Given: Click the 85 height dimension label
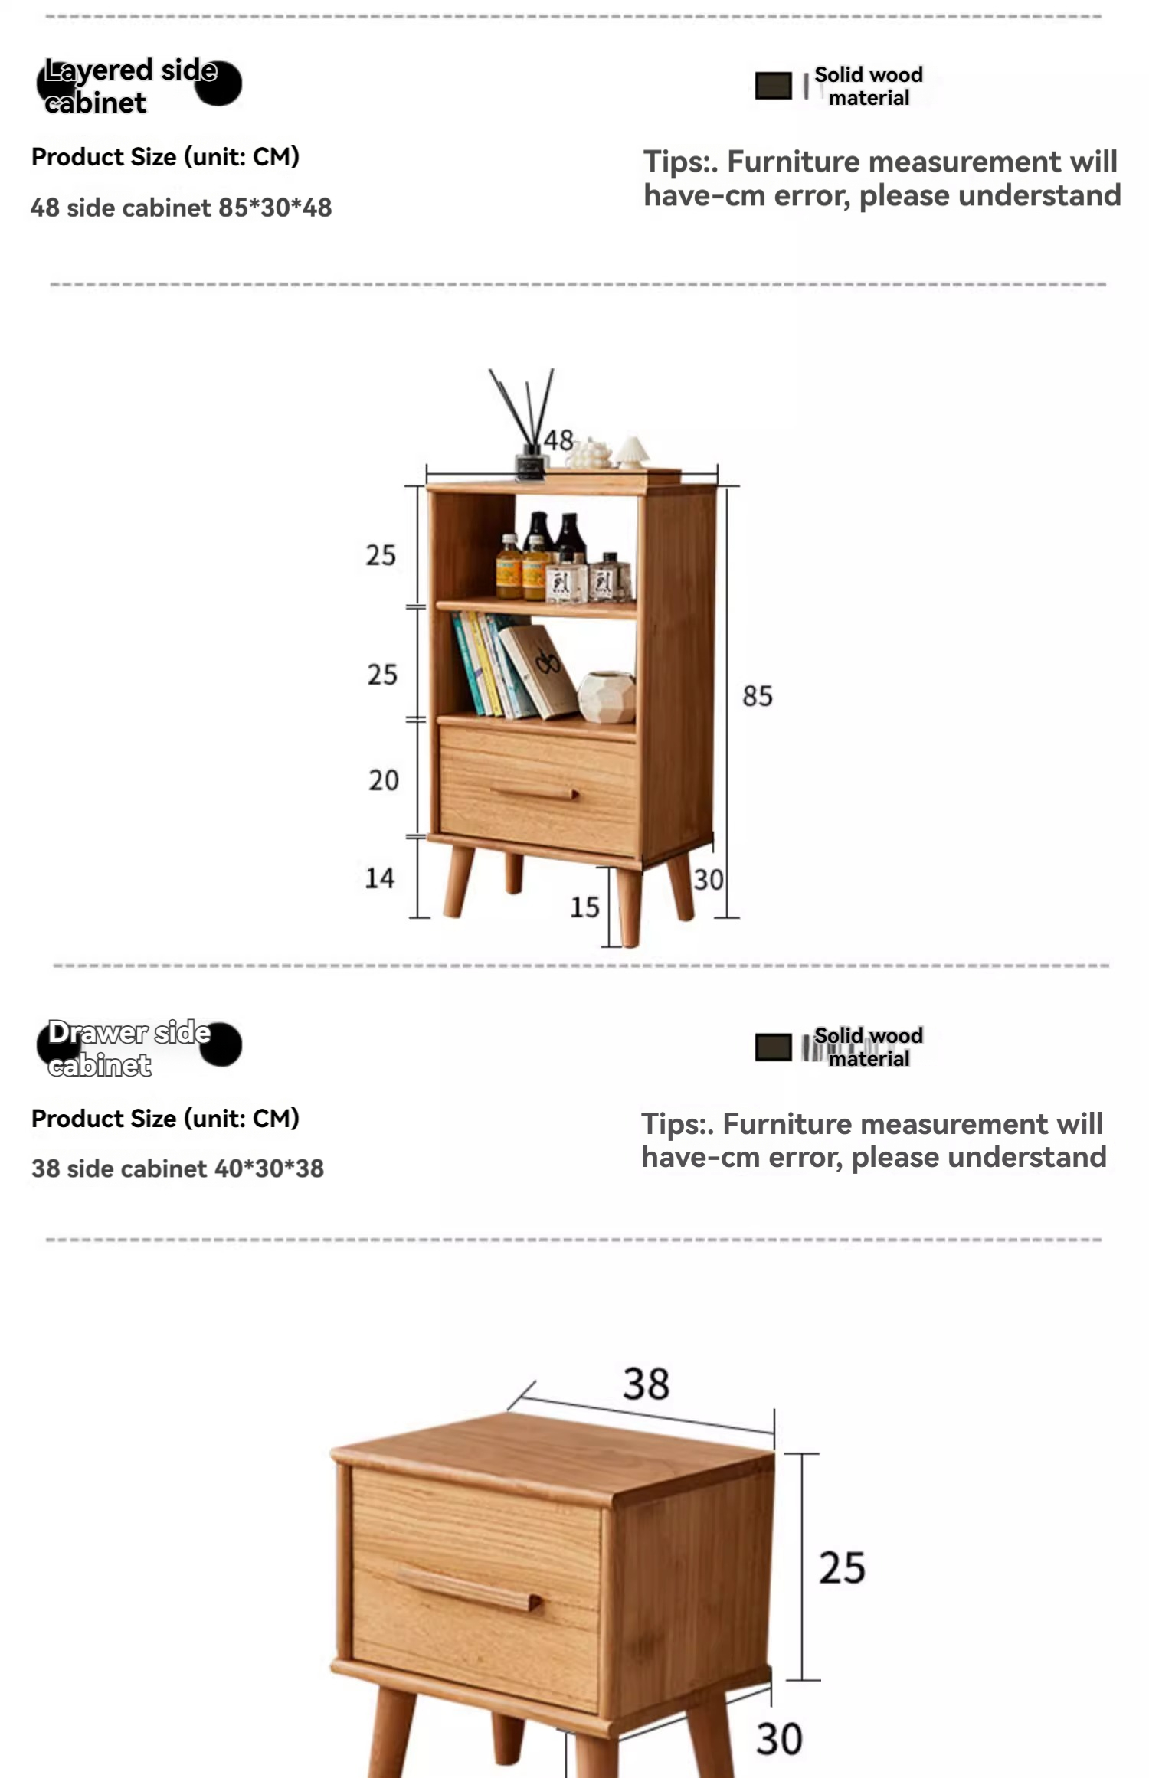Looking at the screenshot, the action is (x=758, y=696).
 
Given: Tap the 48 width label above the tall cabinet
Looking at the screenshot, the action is (x=558, y=440).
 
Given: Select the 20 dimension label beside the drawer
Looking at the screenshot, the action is (x=383, y=780).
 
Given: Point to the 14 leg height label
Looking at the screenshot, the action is (x=380, y=878).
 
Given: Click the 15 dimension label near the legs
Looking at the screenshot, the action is (x=584, y=907).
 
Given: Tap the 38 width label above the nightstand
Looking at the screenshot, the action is (x=646, y=1384).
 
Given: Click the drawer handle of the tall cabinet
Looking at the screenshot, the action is (x=535, y=793).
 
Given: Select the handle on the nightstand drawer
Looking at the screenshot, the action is (x=469, y=1589).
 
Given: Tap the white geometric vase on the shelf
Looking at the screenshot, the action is (x=607, y=697).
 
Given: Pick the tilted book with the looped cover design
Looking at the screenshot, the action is (x=539, y=671).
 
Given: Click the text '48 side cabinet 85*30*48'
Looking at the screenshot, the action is (x=181, y=208).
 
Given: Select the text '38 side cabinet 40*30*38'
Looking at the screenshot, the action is (x=178, y=1168).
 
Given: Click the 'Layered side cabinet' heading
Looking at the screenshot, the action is (x=131, y=86).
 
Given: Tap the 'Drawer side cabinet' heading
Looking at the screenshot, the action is (x=129, y=1048).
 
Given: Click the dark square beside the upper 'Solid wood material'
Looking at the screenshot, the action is (x=773, y=86).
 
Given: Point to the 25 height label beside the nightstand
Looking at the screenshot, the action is (x=842, y=1567).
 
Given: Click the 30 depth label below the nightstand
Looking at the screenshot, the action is (x=779, y=1739).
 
